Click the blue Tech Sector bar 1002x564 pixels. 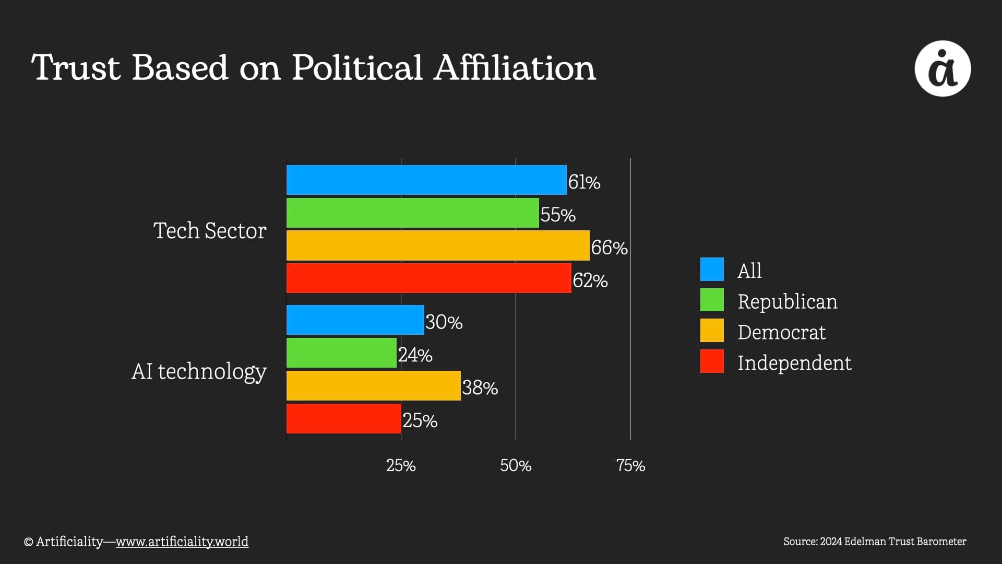(x=426, y=180)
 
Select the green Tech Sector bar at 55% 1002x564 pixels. (x=412, y=213)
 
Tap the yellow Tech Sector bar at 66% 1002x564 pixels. (x=438, y=245)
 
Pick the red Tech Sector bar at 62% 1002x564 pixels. (x=428, y=278)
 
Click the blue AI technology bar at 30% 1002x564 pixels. (x=355, y=320)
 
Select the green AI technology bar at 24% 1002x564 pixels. (x=341, y=352)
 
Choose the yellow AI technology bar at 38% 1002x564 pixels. (x=373, y=385)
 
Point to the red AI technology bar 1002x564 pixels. (x=343, y=418)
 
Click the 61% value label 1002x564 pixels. (x=584, y=182)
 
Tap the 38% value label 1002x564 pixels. (x=480, y=388)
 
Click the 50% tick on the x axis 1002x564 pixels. (x=516, y=465)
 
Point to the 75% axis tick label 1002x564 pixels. (x=630, y=465)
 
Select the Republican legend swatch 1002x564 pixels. (x=712, y=300)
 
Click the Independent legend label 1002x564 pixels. (x=794, y=363)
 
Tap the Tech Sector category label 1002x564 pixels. (x=210, y=231)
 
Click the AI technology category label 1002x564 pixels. (x=199, y=371)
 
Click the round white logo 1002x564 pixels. (x=943, y=68)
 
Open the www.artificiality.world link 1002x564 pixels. (x=182, y=542)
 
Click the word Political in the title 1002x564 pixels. (x=356, y=68)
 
